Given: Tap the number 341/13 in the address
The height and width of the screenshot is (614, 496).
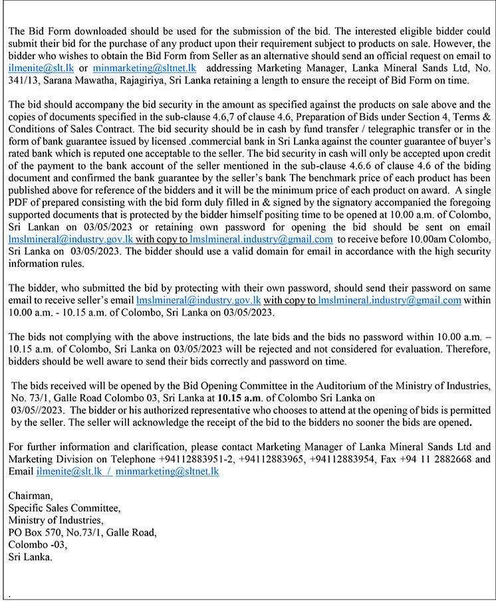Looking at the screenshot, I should [x=23, y=80].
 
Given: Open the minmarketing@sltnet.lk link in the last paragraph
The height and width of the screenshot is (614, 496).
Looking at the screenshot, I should [x=166, y=471].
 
